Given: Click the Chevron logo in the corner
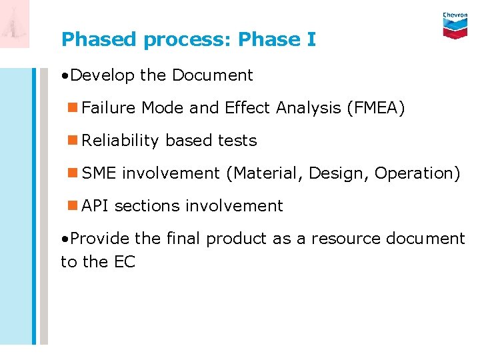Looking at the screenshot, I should (x=455, y=25).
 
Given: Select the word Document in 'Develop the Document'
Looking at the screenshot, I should (x=212, y=75).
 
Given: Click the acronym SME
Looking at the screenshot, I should (x=99, y=173).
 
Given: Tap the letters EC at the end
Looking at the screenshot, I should (x=125, y=262).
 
